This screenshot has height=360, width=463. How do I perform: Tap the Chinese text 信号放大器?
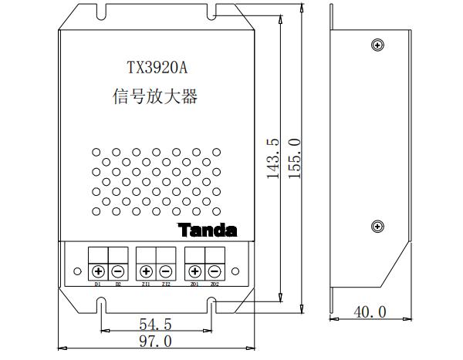pos(155,98)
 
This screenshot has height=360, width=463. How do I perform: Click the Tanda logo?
pos(208,230)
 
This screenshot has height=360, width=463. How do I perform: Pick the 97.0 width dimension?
pos(155,341)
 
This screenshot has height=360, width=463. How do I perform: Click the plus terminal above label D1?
pos(99,271)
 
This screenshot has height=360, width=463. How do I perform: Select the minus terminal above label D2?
pos(118,271)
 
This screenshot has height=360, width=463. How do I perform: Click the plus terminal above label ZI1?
pos(147,271)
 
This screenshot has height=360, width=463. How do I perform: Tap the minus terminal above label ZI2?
pos(166,271)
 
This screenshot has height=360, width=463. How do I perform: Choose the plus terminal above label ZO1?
pos(194,271)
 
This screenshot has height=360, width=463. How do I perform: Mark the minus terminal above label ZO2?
pos(214,271)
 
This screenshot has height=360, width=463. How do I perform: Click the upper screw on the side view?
pos(377,43)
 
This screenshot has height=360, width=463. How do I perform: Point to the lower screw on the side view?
pos(377,226)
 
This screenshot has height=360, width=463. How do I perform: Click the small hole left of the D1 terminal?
pos(78,271)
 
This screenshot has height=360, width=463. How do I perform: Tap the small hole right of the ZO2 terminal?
pos(235,271)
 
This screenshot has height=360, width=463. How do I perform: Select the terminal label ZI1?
pos(147,284)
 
